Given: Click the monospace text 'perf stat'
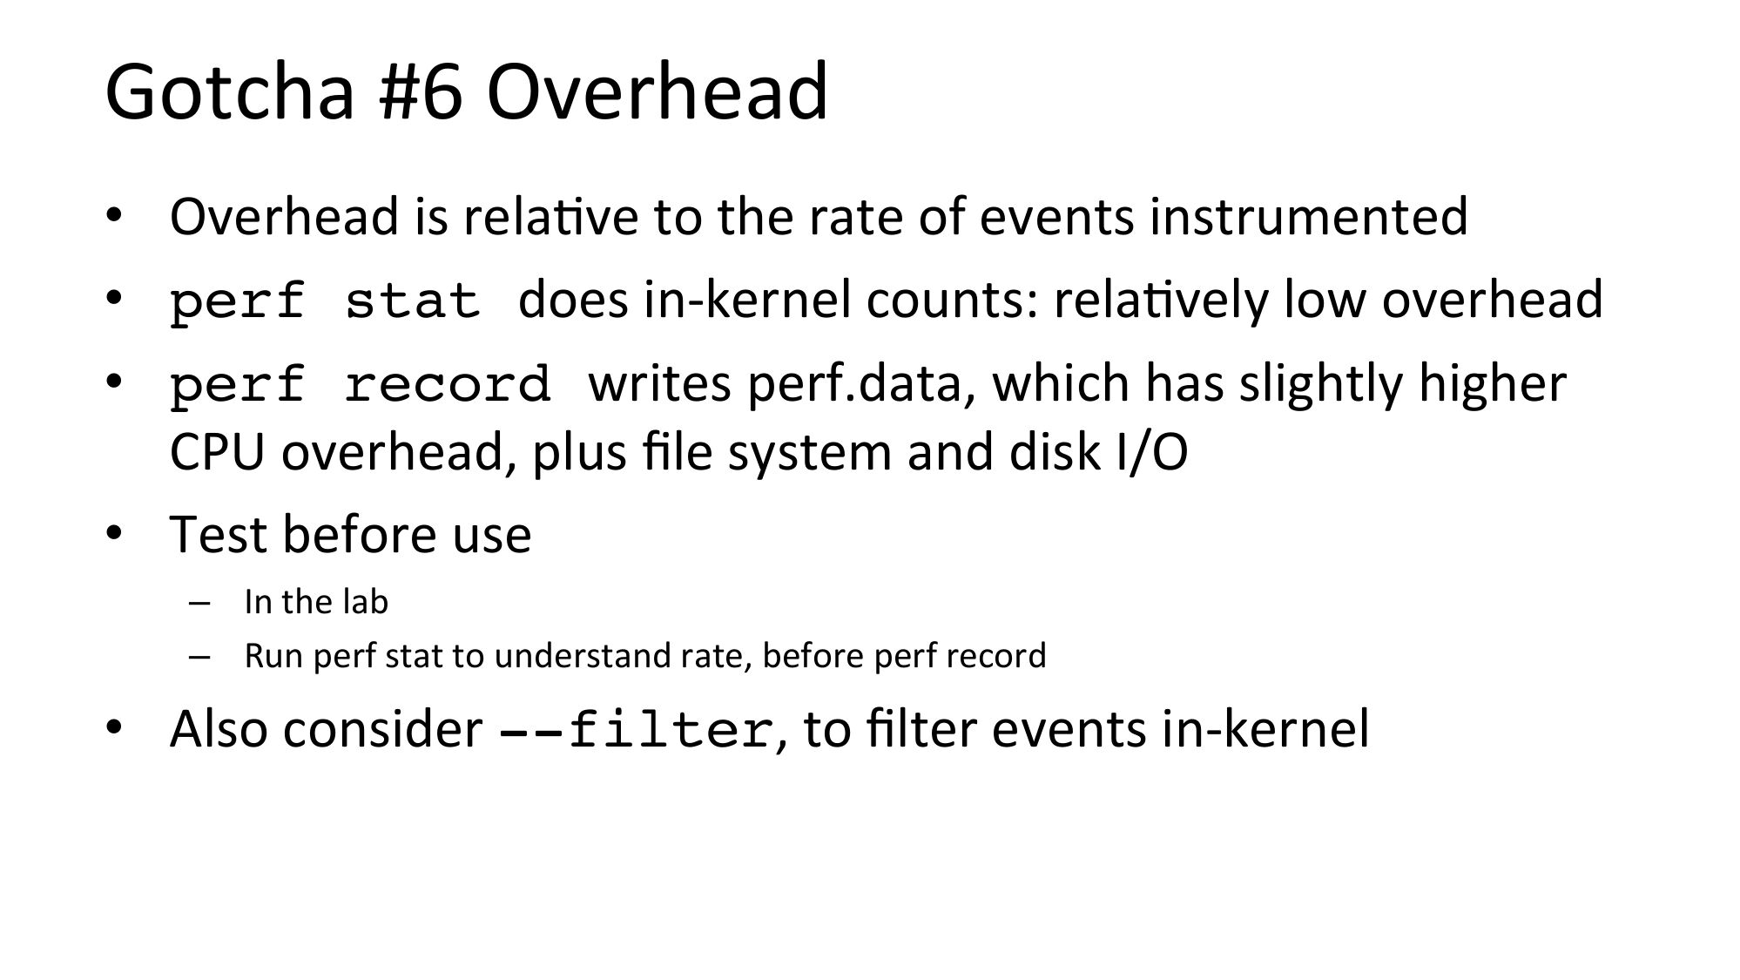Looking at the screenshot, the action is tap(325, 301).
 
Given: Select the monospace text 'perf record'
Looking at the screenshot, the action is tap(360, 384).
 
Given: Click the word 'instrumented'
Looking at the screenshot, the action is tap(1308, 216).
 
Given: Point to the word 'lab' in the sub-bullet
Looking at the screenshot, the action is tap(366, 602).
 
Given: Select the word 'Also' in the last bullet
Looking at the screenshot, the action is tap(219, 728).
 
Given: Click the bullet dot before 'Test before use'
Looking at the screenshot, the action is tap(113, 533).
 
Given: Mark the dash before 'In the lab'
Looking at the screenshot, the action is tap(199, 604).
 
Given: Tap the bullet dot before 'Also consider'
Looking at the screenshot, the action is tap(113, 727).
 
